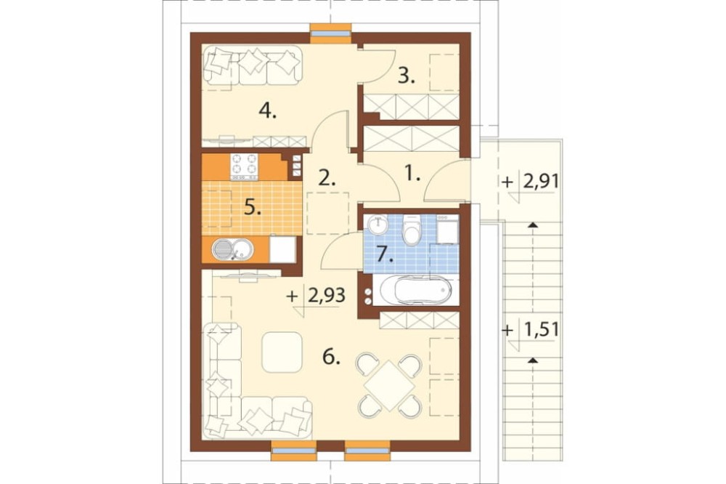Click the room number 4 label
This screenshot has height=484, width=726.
268,110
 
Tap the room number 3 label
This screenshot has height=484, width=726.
406,76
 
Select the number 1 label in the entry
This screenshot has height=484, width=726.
412,174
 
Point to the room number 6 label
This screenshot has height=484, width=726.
331,357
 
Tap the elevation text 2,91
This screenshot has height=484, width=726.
541,181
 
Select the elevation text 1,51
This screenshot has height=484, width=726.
541,331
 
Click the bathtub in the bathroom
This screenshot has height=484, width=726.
416,290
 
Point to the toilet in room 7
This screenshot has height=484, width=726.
412,228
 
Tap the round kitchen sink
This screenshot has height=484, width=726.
232,249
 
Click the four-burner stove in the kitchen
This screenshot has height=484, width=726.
244,166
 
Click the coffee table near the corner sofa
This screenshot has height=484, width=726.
282,352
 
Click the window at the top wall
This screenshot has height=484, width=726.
330,33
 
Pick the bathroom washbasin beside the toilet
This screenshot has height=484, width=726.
380,225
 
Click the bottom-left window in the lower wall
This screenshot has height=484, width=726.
293,451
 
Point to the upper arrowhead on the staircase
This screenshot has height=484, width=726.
533,225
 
